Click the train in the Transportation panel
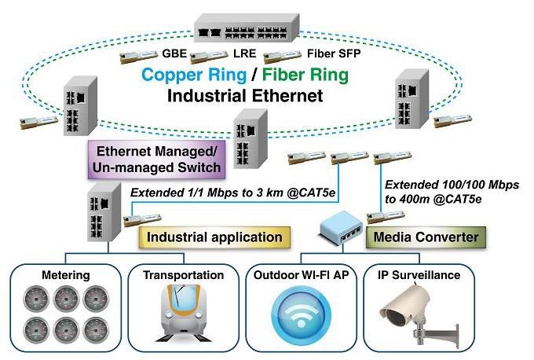(x=183, y=314)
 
